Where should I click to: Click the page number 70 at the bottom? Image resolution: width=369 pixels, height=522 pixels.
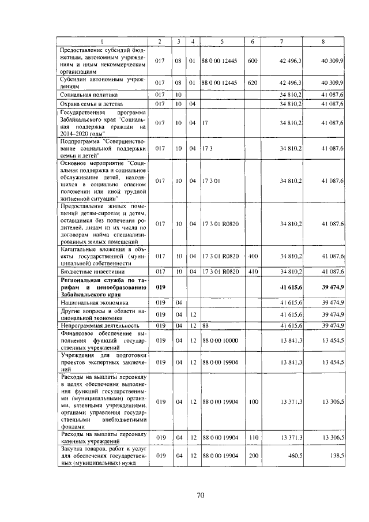pyautogui.click(x=201, y=494)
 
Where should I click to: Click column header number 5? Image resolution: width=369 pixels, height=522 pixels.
pyautogui.click(x=221, y=41)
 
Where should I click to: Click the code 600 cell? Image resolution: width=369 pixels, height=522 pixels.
pyautogui.click(x=252, y=61)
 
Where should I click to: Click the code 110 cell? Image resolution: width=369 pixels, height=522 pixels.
pyautogui.click(x=252, y=438)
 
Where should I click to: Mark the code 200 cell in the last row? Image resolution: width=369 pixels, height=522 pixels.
pyautogui.click(x=252, y=456)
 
